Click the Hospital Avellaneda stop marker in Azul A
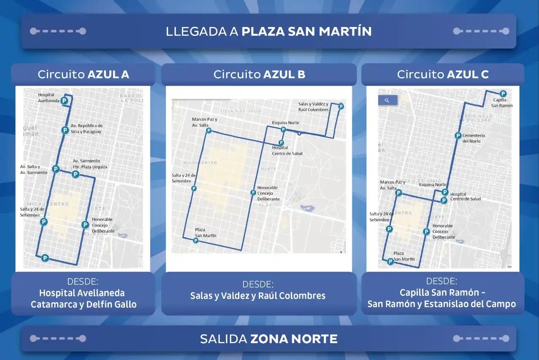click(64, 100)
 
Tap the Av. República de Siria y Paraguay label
click(86, 129)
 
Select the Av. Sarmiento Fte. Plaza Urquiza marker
click(76, 174)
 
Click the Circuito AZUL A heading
click(83, 75)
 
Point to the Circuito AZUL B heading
click(259, 75)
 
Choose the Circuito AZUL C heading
click(443, 75)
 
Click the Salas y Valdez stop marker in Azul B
click(341, 106)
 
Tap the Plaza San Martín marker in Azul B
click(195, 241)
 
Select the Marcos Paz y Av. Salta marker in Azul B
click(209, 131)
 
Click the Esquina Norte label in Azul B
click(285, 123)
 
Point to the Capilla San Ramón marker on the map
click(503, 94)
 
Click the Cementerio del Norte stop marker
click(458, 135)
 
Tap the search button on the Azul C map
click(387, 100)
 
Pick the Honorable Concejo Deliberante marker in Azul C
click(426, 232)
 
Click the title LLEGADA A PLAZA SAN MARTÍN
click(268, 32)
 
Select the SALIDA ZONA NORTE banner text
click(268, 339)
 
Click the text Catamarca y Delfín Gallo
click(84, 304)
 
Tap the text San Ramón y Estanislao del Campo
click(441, 304)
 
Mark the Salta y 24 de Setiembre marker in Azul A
click(43, 222)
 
